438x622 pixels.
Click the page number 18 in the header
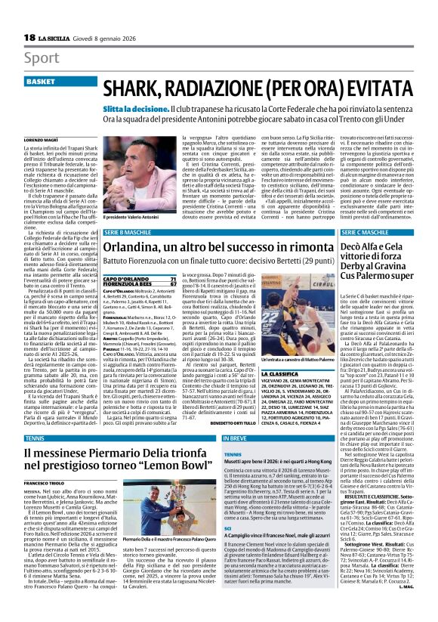[x=29, y=39]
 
